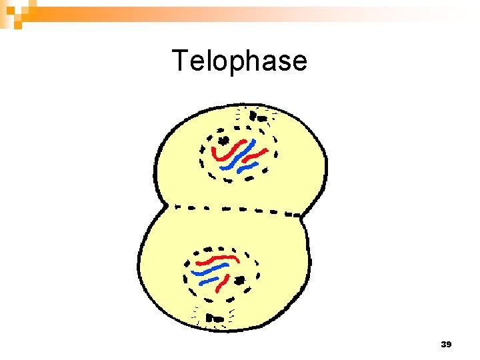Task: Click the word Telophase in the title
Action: coord(240,61)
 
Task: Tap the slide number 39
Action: coord(447,345)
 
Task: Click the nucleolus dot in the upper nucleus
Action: coord(223,140)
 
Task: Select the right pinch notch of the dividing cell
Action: coord(303,215)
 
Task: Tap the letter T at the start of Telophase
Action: coord(181,61)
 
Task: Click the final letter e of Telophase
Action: coord(299,63)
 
